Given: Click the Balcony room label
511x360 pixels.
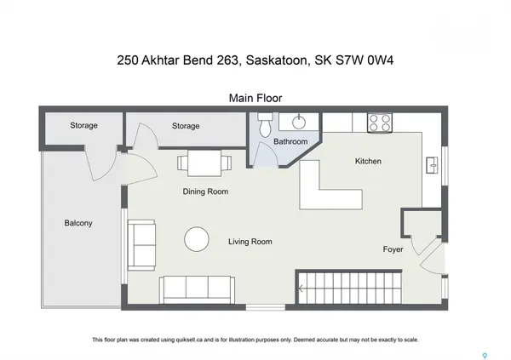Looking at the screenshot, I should pyautogui.click(x=78, y=224).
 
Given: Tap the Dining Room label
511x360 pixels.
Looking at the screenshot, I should pyautogui.click(x=205, y=191).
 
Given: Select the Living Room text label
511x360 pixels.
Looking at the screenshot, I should pyautogui.click(x=250, y=242).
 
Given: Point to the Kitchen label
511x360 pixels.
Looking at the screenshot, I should pyautogui.click(x=368, y=161).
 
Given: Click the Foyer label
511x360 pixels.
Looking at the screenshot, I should pyautogui.click(x=393, y=249).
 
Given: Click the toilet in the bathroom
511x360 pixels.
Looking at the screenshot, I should pyautogui.click(x=266, y=127).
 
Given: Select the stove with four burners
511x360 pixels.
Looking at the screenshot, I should pyautogui.click(x=379, y=123).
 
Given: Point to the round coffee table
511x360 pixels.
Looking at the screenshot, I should pyautogui.click(x=198, y=238).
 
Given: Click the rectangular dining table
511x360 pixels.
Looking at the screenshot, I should pyautogui.click(x=204, y=163).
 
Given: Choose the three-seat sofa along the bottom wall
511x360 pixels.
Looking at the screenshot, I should pyautogui.click(x=198, y=289).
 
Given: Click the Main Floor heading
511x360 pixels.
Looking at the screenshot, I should pyautogui.click(x=255, y=97).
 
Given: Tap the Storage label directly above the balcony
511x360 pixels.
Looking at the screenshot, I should pyautogui.click(x=84, y=126).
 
